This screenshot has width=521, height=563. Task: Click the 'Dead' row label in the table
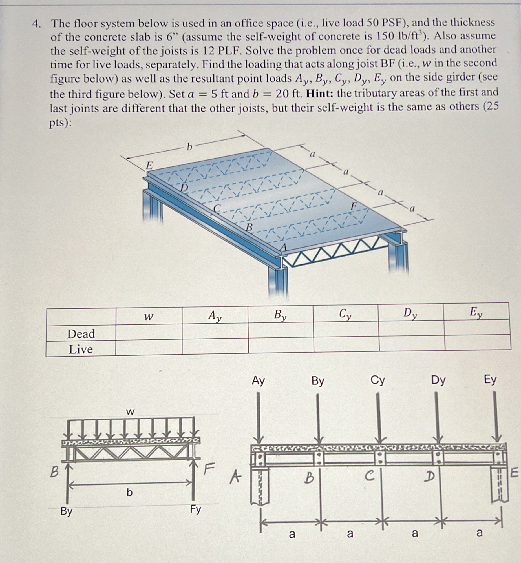(x=81, y=334)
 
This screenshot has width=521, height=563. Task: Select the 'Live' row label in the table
(x=81, y=349)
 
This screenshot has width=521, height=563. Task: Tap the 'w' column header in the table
(x=149, y=317)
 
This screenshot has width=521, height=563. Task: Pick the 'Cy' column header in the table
(x=345, y=314)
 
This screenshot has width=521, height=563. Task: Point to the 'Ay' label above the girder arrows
(x=258, y=381)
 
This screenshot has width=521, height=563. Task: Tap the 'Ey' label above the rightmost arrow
(x=490, y=380)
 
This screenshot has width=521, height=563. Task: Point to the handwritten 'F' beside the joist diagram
(x=209, y=468)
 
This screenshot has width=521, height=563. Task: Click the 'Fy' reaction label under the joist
(x=195, y=509)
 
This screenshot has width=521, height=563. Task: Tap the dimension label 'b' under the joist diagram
(x=129, y=492)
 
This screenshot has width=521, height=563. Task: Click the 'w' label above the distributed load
(x=130, y=412)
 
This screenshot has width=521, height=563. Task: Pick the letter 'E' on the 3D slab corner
(x=149, y=165)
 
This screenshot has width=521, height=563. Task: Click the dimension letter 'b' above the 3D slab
(x=189, y=147)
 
